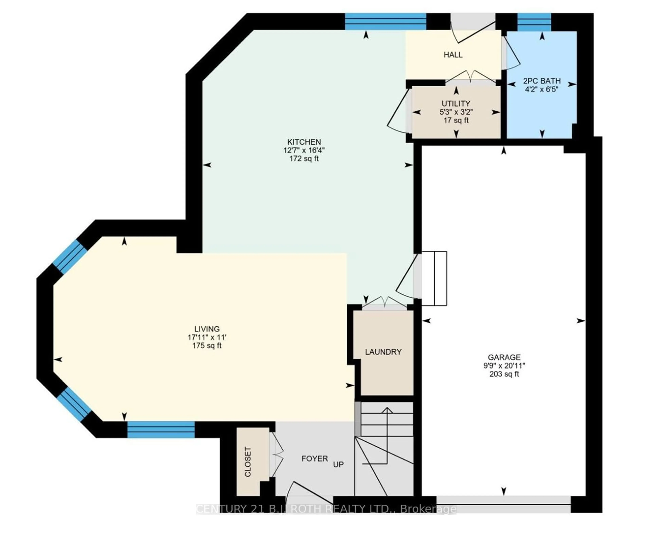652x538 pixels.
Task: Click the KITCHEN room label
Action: [304, 142]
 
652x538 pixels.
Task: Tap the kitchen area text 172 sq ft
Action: [304, 159]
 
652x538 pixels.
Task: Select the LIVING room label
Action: [207, 329]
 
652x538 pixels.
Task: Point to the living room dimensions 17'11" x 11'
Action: [207, 337]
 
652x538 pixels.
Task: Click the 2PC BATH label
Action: [542, 81]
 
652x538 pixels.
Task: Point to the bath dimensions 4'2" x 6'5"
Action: [542, 89]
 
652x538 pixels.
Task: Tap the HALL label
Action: [453, 55]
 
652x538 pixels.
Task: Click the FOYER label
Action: [315, 458]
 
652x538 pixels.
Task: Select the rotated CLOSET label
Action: [248, 462]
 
